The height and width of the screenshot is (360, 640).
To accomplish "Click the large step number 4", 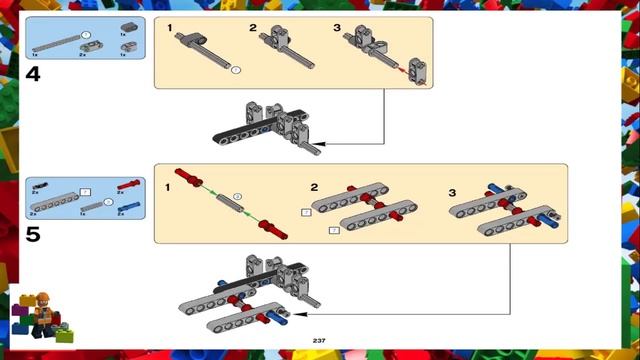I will pos(34,74).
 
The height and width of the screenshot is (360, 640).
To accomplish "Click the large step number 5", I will pos(34,235).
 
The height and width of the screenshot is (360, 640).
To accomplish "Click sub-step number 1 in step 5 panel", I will pos(168,187).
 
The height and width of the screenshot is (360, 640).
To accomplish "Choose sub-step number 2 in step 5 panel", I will pos(314,187).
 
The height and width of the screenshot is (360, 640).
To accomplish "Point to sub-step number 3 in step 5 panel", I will pos(451,191).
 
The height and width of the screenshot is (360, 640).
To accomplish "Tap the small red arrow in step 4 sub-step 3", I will pos(401,69).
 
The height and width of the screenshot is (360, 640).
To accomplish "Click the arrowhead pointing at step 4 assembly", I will pos(328,144).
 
